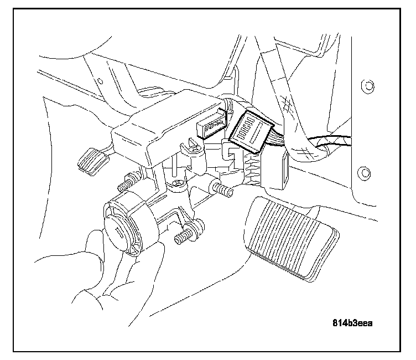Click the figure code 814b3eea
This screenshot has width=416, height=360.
pos(352,323)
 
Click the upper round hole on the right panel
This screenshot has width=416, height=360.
pos(365,85)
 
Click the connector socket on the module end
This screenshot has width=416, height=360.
pos(212,127)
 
